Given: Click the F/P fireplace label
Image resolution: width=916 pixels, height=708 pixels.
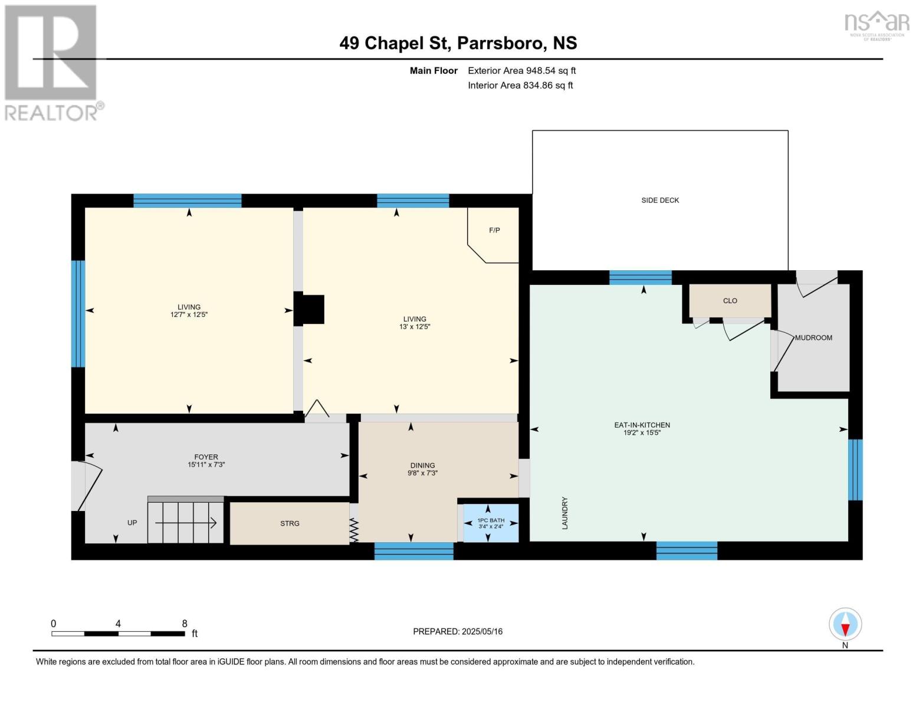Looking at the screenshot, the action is point(494,230).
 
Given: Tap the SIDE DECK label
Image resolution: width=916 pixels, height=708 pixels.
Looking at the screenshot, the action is point(660,200).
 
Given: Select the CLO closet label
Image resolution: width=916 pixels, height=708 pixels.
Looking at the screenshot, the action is point(730,301).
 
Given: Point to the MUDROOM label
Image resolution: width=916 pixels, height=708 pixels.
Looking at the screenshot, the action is point(813,337).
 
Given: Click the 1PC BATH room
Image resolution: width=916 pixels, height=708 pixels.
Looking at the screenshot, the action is point(491,523).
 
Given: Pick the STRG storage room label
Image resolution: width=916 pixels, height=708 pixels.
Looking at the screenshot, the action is point(290,523).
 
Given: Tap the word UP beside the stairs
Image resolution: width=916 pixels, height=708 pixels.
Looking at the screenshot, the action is point(132,523).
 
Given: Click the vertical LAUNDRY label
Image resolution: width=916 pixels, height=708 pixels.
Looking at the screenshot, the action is point(565,513).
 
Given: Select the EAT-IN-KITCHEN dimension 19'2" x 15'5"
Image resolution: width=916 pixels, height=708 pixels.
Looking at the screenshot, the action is point(642,432).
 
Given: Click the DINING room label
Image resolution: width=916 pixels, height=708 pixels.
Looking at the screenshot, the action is point(422,466).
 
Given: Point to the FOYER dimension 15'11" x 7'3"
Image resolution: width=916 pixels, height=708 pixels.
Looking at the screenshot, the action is point(206,465).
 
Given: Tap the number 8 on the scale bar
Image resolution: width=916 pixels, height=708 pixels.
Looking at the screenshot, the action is point(185,624).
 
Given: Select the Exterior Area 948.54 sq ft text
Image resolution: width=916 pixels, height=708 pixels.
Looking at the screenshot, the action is point(522,71).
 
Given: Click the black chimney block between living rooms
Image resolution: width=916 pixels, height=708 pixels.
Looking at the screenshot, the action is point(309,309).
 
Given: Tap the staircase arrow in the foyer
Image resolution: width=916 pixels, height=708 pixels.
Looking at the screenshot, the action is point(186,523).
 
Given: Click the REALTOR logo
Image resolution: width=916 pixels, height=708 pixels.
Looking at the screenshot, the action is point(53,63).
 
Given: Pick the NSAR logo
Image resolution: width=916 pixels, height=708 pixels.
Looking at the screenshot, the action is point(877,26).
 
